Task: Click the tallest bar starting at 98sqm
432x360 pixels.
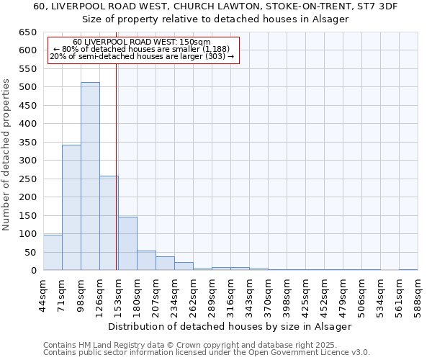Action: tap(90, 176)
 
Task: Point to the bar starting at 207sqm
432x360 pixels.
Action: tap(165, 264)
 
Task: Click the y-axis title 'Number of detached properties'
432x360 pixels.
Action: tap(7, 156)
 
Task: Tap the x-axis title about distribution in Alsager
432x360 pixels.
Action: tap(230, 326)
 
